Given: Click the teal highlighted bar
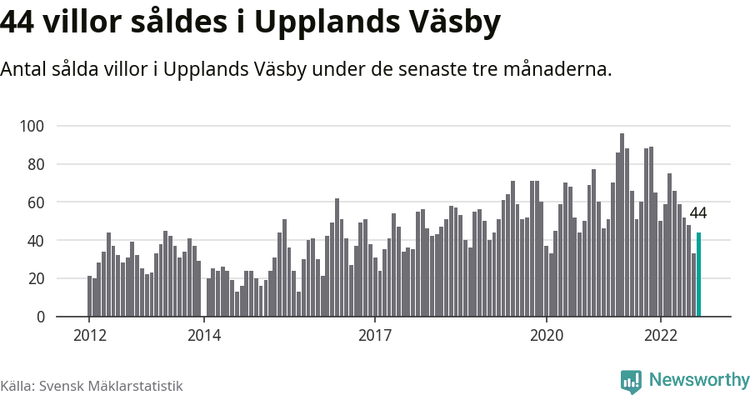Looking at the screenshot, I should pos(699,275).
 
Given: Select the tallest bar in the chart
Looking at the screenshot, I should pos(622,225).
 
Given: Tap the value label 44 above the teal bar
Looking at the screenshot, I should pos(698,213).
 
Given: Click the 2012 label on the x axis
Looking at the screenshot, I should pos(89,336).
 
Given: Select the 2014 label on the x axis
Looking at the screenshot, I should pos(204,336).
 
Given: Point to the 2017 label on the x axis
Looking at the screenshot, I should pos(376,336).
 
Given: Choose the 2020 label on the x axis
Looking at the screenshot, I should pos(547,336).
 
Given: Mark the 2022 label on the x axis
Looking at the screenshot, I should pos(661,336).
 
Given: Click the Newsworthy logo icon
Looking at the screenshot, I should pos(631,381).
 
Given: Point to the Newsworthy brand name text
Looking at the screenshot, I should pos(699,380).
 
